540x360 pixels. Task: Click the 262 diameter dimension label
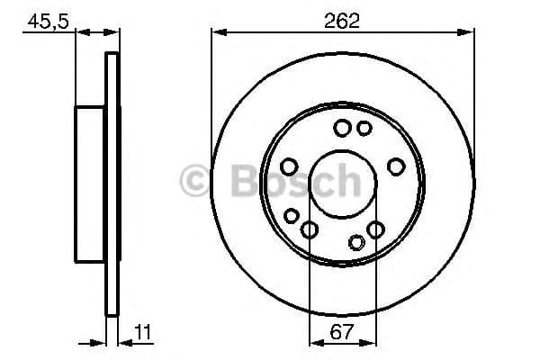343,20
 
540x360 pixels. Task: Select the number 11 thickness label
143,331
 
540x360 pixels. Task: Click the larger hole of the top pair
342,129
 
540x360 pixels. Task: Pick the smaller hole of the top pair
364,129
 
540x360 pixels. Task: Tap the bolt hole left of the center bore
289,166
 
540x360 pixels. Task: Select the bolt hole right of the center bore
396,166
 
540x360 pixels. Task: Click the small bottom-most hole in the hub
357,241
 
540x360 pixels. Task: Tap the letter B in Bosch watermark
237,183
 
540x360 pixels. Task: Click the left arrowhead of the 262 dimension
216,32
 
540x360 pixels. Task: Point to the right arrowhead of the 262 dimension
470,32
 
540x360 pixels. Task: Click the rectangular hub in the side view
91,185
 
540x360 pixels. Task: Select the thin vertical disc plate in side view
112,185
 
